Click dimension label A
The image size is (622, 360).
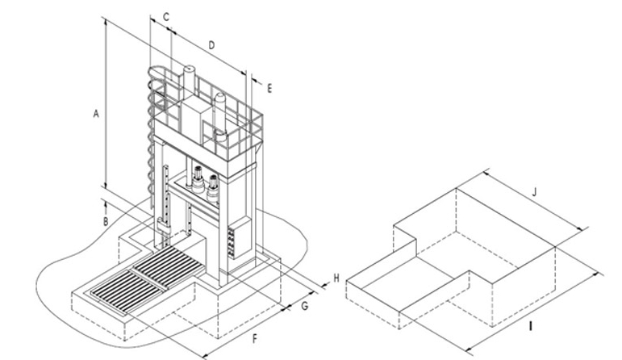coord(96,114)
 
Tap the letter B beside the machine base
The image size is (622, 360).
coord(106,221)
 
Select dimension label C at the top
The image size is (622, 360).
coord(166,17)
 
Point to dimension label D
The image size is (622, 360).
coord(211,45)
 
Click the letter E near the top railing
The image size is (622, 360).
coord(269,89)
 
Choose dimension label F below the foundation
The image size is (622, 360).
coord(255,339)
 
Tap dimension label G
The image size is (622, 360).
coord(305,306)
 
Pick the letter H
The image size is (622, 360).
coord(336,278)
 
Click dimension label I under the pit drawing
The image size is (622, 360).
coord(531,326)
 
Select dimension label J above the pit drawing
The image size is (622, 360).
coord(534,192)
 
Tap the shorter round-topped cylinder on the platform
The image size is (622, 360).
coord(219,115)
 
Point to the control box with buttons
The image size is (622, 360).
coord(239,237)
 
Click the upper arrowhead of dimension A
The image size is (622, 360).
coord(106,21)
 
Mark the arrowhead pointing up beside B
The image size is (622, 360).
coord(106,204)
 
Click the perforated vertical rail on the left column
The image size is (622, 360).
coord(167,203)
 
